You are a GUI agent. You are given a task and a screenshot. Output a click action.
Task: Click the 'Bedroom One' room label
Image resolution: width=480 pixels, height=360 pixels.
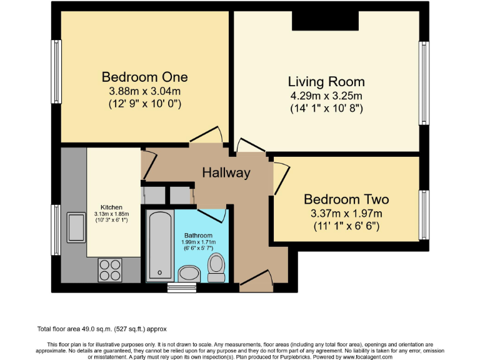(144, 77)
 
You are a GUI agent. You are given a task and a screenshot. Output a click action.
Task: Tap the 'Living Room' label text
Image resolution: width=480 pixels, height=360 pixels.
(326, 82)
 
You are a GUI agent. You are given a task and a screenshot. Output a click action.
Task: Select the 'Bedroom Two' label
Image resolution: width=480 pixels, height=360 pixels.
(346, 199)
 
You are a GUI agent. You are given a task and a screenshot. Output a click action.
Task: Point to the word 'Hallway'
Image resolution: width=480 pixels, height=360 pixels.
(226, 173)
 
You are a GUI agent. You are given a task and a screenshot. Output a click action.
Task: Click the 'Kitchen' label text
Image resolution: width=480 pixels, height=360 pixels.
(112, 207)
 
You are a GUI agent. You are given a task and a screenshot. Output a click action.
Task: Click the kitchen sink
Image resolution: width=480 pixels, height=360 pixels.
(77, 226)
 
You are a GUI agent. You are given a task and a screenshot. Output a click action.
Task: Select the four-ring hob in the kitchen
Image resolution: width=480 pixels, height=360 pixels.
(110, 269)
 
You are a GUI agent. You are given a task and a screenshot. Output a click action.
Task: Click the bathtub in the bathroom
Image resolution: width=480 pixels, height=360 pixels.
(161, 245)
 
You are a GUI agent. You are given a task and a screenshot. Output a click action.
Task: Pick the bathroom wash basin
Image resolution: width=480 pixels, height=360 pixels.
(188, 273)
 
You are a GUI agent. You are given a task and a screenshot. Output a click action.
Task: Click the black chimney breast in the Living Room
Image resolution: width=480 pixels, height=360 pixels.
(326, 21)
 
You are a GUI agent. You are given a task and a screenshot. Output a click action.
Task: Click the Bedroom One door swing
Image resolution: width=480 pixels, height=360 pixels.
(207, 134)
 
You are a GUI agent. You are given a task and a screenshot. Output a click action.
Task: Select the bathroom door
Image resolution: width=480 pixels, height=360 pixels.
(214, 215)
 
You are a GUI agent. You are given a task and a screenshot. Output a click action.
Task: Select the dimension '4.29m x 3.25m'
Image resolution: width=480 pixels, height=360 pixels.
(326, 96)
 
